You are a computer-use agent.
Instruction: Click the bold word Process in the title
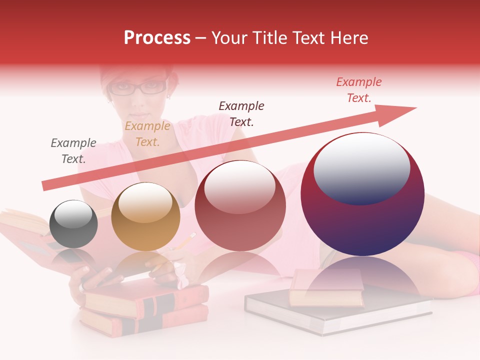coord(157,38)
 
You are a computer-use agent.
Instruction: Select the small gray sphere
coord(74,224)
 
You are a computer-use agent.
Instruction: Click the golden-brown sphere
coord(145,217)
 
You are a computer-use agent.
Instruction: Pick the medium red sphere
coord(240,205)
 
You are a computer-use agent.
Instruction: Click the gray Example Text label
coord(73,150)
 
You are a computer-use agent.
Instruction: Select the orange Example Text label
coord(147,133)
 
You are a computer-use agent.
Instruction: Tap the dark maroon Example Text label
coord(241,113)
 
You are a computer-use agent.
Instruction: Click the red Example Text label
coord(359,89)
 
